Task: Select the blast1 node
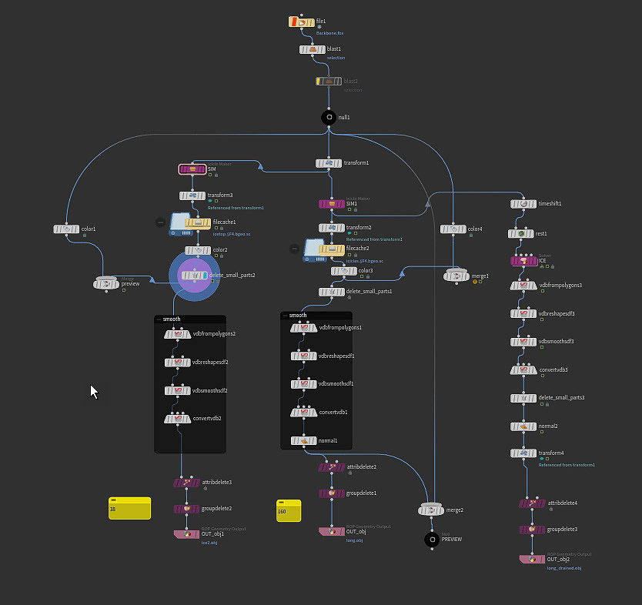click(313, 50)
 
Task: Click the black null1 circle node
click(329, 117)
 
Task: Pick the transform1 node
click(329, 163)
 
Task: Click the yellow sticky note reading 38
click(129, 508)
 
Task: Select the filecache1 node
click(198, 223)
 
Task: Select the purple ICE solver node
click(523, 261)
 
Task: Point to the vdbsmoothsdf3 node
click(523, 342)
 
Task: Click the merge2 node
click(432, 510)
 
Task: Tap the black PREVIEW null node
click(433, 540)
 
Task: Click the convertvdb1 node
click(303, 413)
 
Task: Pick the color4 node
click(453, 229)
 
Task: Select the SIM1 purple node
click(333, 205)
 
